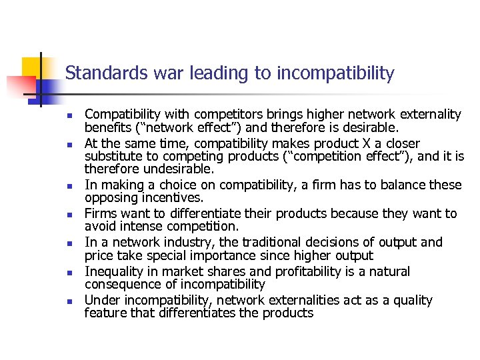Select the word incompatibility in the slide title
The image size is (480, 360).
335,73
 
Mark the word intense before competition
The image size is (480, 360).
136,227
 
